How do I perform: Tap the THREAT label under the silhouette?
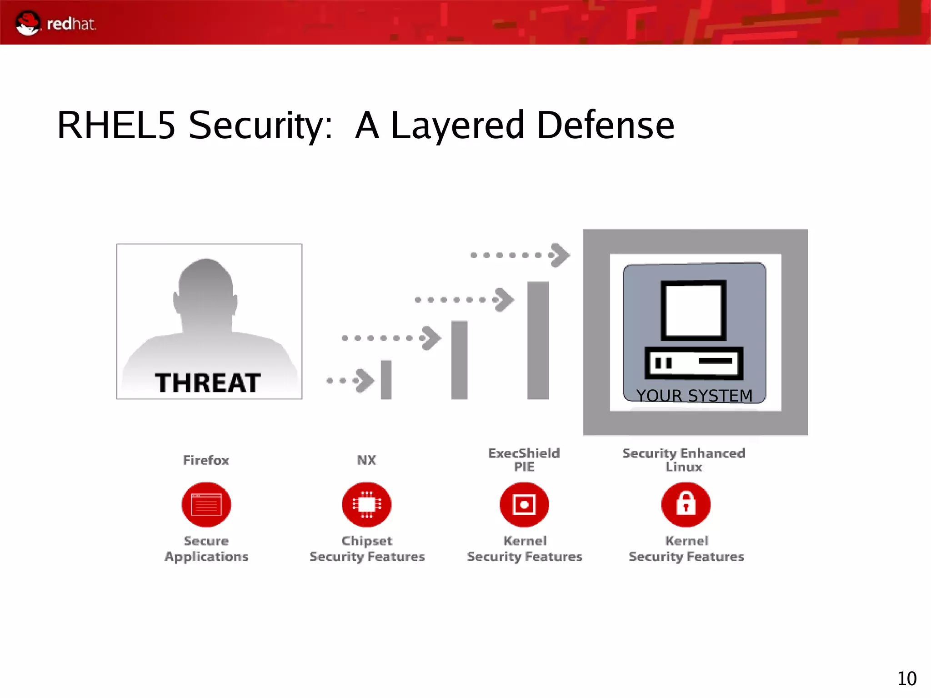pyautogui.click(x=208, y=383)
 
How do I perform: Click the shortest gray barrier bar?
pyautogui.click(x=386, y=380)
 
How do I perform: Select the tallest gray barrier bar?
pyautogui.click(x=538, y=340)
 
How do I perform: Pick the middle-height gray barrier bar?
pyautogui.click(x=459, y=360)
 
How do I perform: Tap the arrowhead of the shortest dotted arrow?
pyautogui.click(x=365, y=380)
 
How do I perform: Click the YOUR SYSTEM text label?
pyautogui.click(x=694, y=395)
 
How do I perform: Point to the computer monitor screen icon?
pyautogui.click(x=693, y=311)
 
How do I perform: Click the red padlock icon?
pyautogui.click(x=686, y=504)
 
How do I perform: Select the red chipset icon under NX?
pyautogui.click(x=366, y=504)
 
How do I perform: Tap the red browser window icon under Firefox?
pyautogui.click(x=206, y=504)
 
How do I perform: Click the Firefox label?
pyautogui.click(x=206, y=460)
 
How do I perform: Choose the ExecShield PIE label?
pyautogui.click(x=524, y=460)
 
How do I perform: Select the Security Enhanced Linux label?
pyautogui.click(x=684, y=460)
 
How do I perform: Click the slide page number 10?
pyautogui.click(x=906, y=678)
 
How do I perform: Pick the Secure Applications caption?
pyautogui.click(x=206, y=548)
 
